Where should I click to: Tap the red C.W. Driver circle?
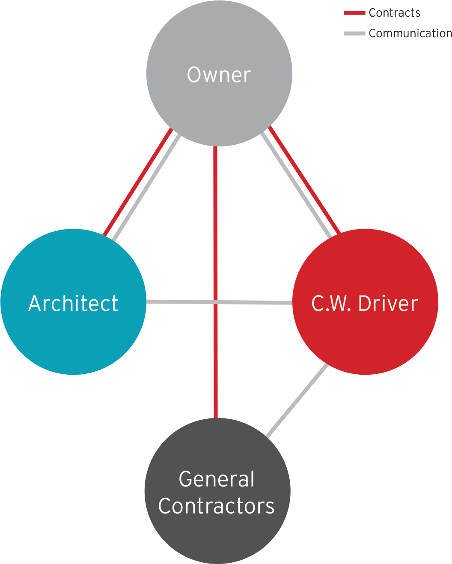pos(365,338)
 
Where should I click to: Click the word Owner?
pos(219,75)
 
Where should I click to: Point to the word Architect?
pos(73,304)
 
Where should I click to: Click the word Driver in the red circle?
pos(388,304)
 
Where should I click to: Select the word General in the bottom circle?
pos(217,479)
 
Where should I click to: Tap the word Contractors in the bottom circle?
pos(216,506)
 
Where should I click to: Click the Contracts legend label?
pos(394,13)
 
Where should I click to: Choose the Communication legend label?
pos(410,33)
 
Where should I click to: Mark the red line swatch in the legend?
pos(354,13)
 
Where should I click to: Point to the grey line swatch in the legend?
pos(354,33)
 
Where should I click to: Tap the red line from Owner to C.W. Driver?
pos(305,180)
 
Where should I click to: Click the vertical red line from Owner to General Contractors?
pos(216,364)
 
